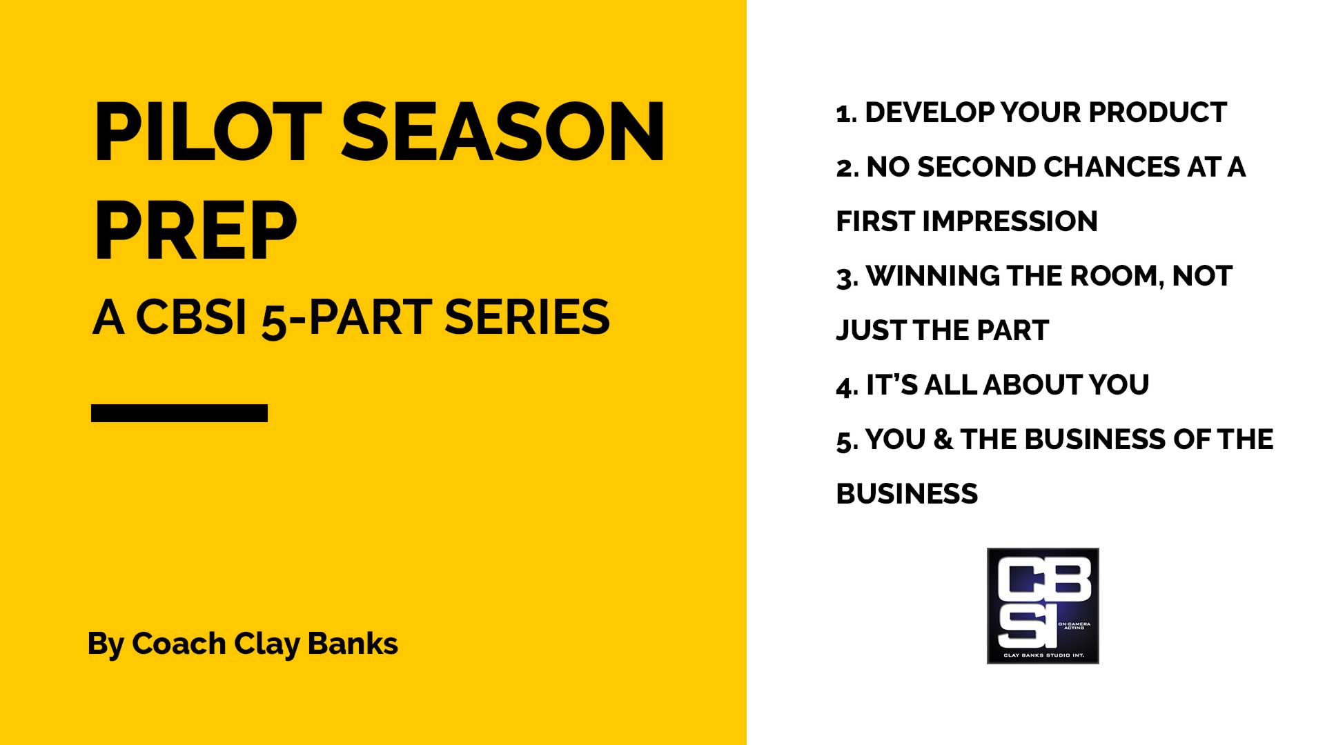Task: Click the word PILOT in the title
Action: tap(208, 132)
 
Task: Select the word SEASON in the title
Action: tap(503, 132)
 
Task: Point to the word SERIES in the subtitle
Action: tap(527, 317)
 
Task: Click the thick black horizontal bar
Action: tap(179, 413)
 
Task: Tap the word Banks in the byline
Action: tap(353, 643)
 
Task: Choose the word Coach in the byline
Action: tap(179, 644)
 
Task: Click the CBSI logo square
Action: tap(1043, 606)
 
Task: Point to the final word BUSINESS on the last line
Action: tap(907, 494)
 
